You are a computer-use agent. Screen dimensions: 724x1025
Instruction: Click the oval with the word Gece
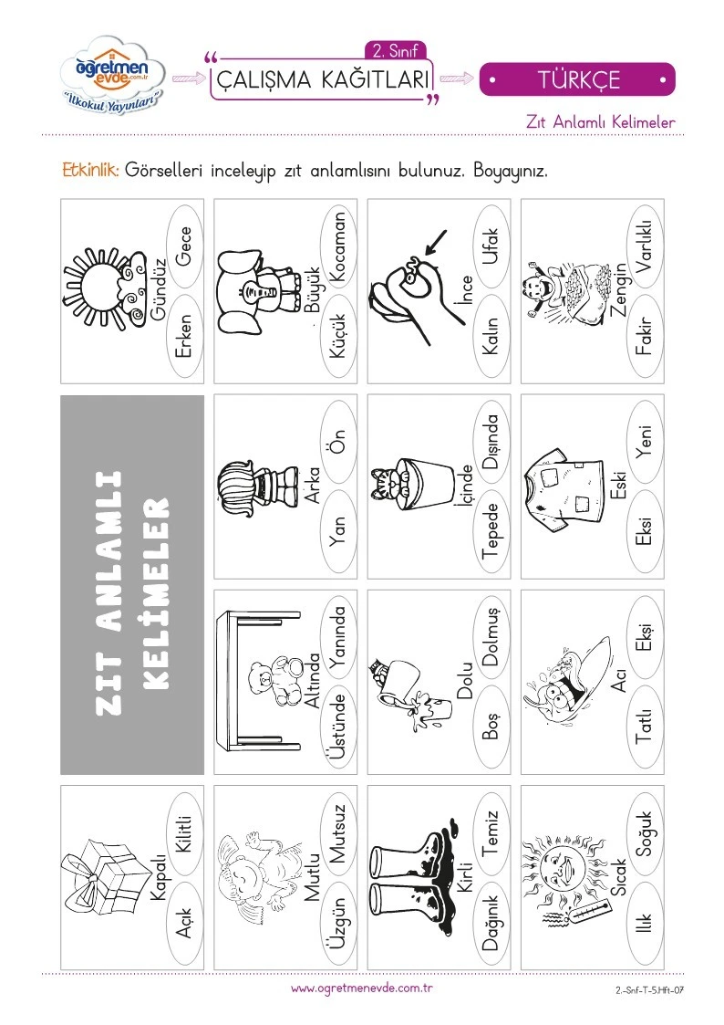(185, 246)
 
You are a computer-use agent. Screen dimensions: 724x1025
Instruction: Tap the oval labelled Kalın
(491, 335)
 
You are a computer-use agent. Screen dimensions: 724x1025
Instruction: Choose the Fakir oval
(645, 335)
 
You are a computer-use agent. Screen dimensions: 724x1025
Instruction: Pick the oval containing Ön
(338, 441)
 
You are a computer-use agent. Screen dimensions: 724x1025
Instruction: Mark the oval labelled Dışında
(491, 441)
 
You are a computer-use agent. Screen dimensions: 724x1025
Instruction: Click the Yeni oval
(645, 441)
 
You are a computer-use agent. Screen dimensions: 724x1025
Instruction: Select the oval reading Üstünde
(338, 727)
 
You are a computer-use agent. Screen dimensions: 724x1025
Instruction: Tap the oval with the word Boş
(491, 727)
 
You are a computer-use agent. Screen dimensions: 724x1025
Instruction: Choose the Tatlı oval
(645, 727)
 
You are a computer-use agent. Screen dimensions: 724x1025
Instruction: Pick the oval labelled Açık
(185, 923)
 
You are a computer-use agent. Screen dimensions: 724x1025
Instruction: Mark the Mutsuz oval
(338, 832)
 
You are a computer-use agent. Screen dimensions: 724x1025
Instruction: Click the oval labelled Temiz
(491, 832)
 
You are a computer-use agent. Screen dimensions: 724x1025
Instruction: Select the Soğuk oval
(645, 832)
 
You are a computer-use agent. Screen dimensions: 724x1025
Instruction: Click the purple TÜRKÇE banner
(577, 79)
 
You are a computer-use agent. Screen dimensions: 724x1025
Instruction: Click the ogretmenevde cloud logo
(112, 76)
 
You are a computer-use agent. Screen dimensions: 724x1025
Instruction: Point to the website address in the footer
(362, 988)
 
